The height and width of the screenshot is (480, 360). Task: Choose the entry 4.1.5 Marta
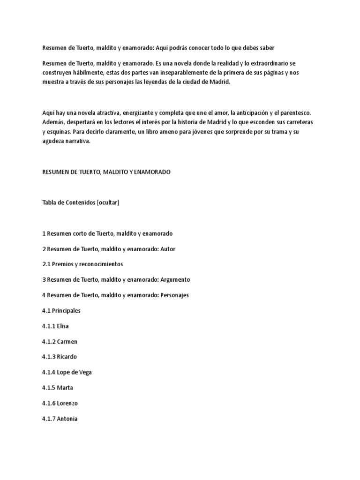58,388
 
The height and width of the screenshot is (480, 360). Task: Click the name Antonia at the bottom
60,419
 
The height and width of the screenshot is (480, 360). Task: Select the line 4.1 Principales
61,310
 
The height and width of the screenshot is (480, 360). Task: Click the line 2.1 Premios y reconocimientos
82,264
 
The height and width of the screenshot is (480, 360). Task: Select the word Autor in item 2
168,248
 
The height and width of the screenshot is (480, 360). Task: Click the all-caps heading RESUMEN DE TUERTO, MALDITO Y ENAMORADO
106,172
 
